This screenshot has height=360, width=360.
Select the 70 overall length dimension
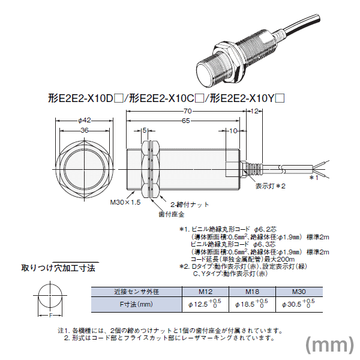click(188, 111)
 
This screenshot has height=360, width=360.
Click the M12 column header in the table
click(206, 292)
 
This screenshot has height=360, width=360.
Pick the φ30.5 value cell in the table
click(298, 304)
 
